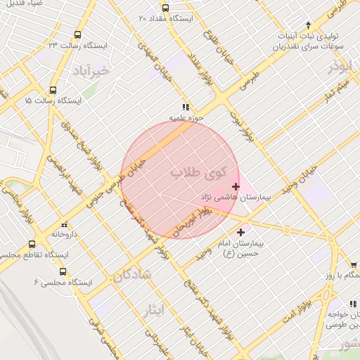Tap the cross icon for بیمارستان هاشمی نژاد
tap(235, 187)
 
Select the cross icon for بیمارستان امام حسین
tap(241, 231)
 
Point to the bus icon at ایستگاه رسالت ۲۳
tap(76, 34)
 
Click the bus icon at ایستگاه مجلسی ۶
tap(63, 271)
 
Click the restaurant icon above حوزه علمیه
tap(186, 108)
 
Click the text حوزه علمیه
tap(186, 118)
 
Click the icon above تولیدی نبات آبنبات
tap(307, 26)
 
